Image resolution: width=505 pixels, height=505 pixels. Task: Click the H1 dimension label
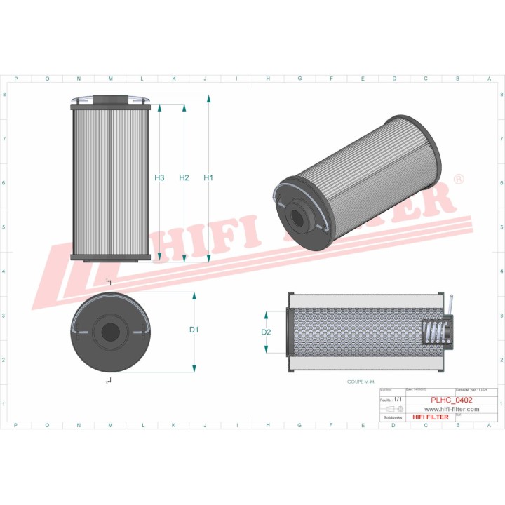208,178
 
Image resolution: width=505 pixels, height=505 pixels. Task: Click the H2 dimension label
184,178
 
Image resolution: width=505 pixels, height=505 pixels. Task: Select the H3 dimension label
159,178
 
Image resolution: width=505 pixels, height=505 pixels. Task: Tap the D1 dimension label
194,330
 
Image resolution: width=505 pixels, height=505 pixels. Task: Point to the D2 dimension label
266,332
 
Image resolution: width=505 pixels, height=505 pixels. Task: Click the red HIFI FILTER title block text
431,417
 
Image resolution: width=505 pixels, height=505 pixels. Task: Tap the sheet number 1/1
399,398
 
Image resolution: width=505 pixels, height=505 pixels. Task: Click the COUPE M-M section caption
362,382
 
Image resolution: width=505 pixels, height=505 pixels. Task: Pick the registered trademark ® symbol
459,180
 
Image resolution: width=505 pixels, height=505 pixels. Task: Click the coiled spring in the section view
436,332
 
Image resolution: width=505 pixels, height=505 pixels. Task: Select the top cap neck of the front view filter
111,100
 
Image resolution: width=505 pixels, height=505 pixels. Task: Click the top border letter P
15,79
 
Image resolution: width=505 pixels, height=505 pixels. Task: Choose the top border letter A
489,79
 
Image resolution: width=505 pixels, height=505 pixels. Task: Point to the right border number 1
499,404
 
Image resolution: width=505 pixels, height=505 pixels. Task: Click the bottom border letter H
268,424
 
